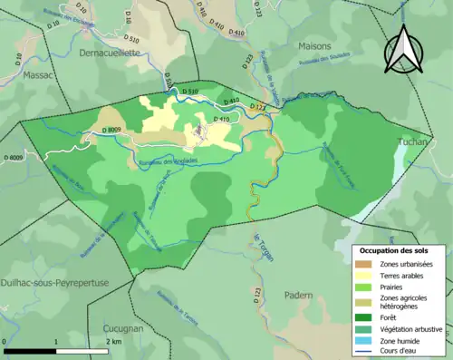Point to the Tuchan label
(x=414, y=142)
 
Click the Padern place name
(x=298, y=295)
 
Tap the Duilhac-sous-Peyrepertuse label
(x=54, y=282)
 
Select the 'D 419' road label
(x=221, y=119)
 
